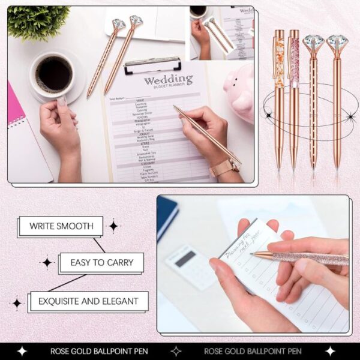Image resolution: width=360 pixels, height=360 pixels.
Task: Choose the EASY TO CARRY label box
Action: (101, 262)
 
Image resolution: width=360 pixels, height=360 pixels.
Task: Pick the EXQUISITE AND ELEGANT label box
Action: (88, 301)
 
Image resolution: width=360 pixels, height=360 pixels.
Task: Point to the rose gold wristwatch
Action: (224, 167)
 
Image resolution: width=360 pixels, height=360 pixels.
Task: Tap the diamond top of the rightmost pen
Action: (337, 43)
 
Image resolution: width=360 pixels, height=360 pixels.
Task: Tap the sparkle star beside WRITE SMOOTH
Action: (113, 226)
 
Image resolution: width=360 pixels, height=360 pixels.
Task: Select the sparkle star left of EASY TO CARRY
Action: (47, 263)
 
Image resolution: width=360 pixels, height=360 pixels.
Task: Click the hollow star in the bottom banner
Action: (176, 351)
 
